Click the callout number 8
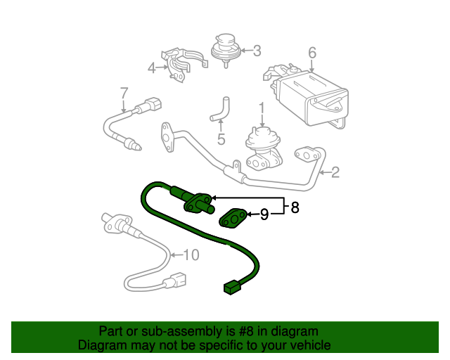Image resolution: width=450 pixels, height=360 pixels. point(295,207)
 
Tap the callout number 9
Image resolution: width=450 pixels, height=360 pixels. point(264,214)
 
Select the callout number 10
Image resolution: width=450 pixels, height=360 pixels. point(191,255)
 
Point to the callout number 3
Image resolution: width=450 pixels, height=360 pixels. point(257,51)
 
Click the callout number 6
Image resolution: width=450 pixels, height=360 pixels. point(312,53)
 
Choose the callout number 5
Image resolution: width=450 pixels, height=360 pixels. point(221,139)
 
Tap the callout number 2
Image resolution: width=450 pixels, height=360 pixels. point(335,172)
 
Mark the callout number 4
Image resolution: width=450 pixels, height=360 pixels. point(152,68)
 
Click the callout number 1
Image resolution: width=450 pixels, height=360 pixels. point(262,110)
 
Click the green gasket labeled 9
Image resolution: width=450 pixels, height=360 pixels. point(233,218)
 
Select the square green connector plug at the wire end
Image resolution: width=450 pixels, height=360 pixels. point(232,287)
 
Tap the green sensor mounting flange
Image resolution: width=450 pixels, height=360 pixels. point(198,203)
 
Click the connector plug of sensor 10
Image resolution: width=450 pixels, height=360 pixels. point(178,280)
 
